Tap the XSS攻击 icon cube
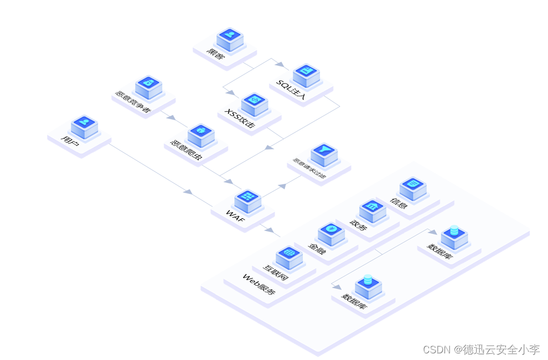pos(255,102)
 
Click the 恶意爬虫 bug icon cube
pos(201,133)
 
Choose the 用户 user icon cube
pos(85,125)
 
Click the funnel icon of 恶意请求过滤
pos(324,153)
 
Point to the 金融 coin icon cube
pos(331,233)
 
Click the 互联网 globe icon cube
pos(288,256)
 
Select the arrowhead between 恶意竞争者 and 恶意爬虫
pos(171,118)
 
